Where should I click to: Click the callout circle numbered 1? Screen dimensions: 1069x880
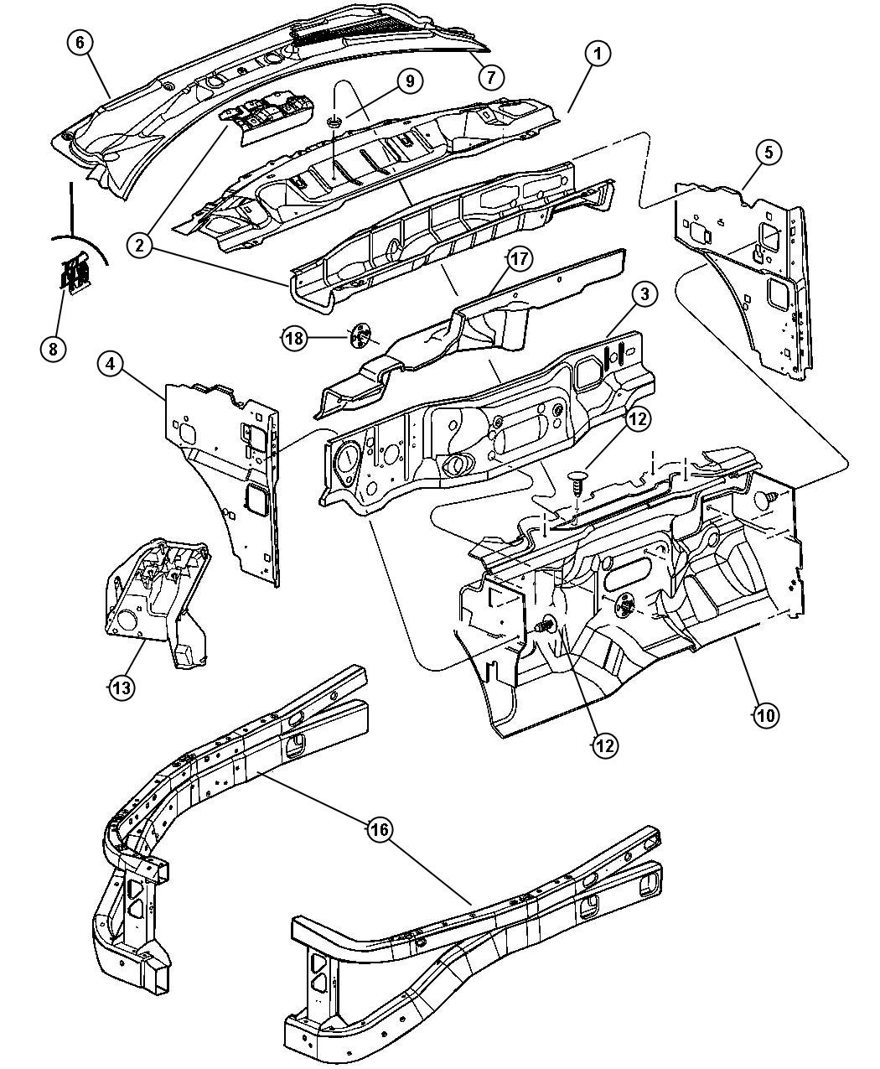[598, 54]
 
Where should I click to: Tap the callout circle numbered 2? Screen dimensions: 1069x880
[140, 245]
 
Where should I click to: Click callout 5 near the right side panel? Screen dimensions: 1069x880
[769, 152]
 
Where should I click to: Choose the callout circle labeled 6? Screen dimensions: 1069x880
[80, 44]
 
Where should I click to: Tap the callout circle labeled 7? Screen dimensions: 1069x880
[491, 76]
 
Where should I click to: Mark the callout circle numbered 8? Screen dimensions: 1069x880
[53, 348]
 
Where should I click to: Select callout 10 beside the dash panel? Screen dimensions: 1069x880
[766, 715]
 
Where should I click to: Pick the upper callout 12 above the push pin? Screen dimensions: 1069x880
[637, 418]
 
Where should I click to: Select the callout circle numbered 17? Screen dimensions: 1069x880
[519, 259]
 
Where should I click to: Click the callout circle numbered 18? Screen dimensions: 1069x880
[293, 339]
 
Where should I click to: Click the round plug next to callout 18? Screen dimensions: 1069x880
[359, 338]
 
